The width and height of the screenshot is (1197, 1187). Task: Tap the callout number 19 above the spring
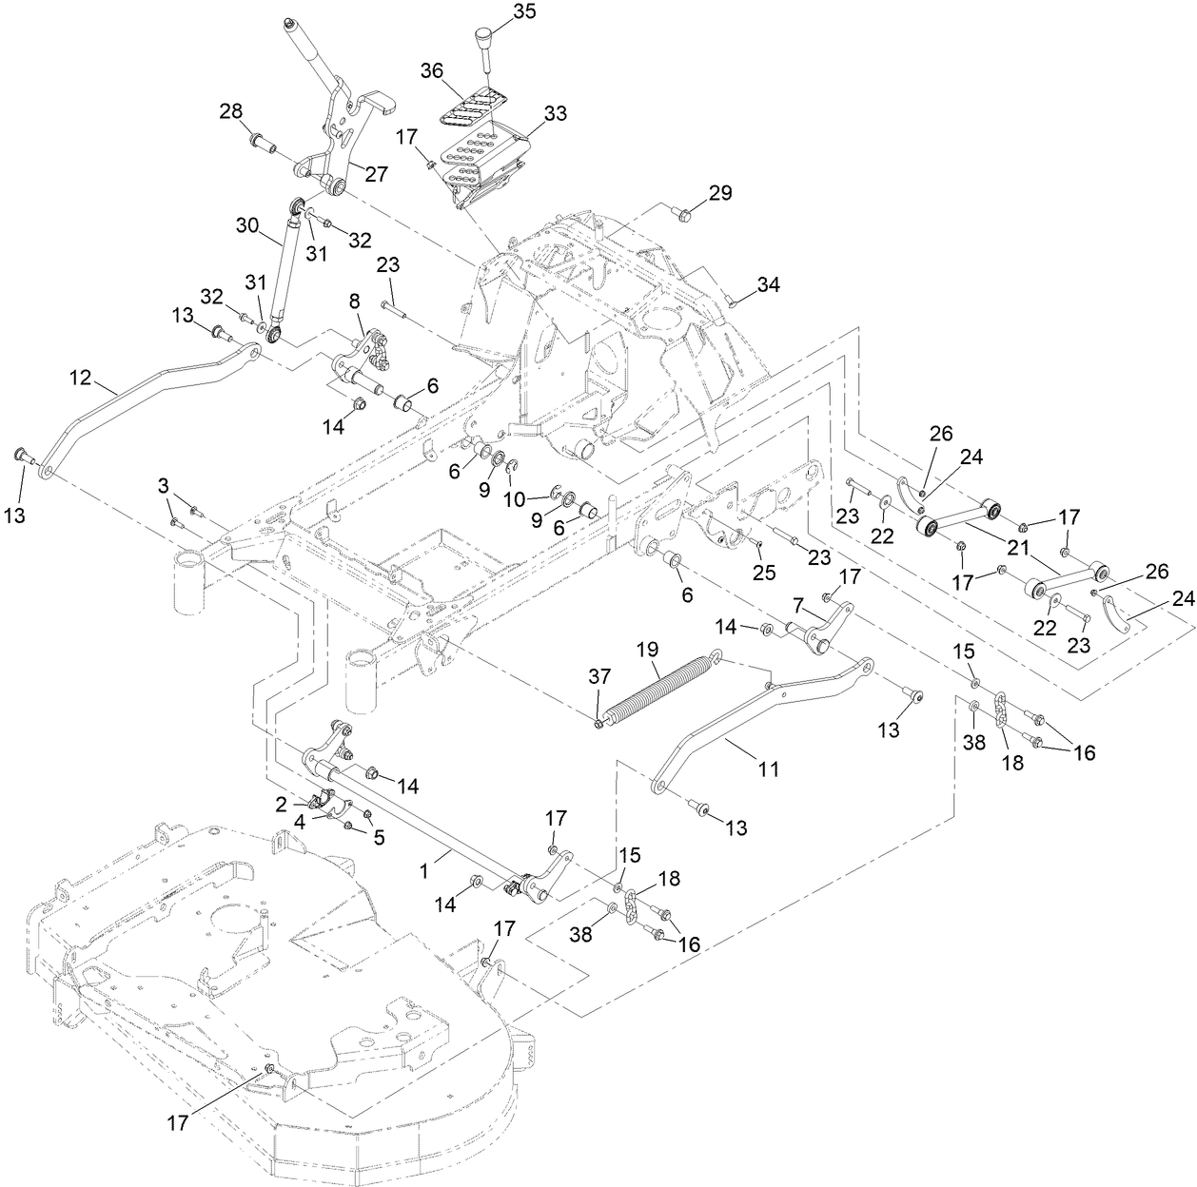648,651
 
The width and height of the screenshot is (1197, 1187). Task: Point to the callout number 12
80,378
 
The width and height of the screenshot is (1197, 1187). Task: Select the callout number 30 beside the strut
247,225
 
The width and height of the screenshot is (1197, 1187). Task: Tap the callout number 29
719,193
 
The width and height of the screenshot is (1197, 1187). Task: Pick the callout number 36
433,71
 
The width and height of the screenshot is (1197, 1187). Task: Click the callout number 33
555,113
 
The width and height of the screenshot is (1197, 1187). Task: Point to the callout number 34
768,283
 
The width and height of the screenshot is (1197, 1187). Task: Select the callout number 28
231,111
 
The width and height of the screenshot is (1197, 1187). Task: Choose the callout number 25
765,574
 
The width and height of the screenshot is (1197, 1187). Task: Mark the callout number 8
355,302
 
